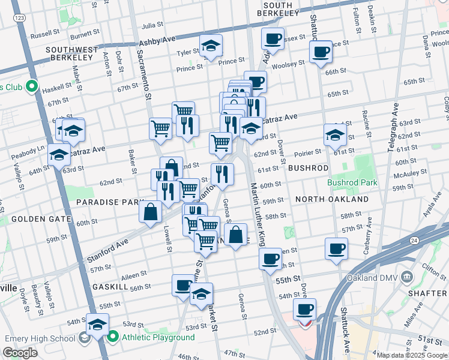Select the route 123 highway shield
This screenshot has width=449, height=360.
[20, 19]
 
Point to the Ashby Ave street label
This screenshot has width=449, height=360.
[157, 41]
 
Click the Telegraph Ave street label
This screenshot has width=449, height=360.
[394, 130]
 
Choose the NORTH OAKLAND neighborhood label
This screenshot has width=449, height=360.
[332, 199]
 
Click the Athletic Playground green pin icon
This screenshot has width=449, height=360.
[112, 338]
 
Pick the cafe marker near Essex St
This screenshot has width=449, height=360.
[273, 38]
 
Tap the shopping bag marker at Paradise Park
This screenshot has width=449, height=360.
[149, 211]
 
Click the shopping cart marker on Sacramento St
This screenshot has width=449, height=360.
[160, 128]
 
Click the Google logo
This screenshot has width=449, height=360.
[21, 353]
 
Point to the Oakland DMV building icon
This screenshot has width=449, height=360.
[408, 277]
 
